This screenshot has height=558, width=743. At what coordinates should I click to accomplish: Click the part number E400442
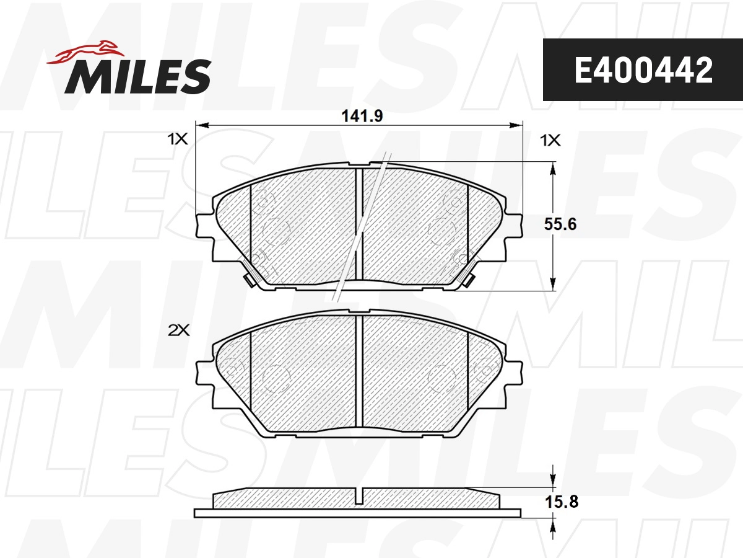pos(643,71)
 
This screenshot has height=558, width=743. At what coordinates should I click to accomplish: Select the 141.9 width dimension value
pos(359,115)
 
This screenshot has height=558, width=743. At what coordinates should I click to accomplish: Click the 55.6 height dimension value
pos(560,224)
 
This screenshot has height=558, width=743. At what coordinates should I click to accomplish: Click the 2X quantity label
pos(178,331)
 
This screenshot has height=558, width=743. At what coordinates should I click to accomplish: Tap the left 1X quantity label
pos(177,141)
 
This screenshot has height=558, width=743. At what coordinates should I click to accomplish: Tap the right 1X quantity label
pos(550,141)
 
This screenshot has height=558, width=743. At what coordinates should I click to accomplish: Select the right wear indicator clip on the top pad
pos(469,280)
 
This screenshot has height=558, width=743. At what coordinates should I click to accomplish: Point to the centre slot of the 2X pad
pos(358,372)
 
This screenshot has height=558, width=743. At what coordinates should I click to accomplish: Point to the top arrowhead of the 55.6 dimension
pos(552,167)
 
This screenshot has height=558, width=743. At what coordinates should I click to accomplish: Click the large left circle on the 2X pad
pos(276,378)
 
